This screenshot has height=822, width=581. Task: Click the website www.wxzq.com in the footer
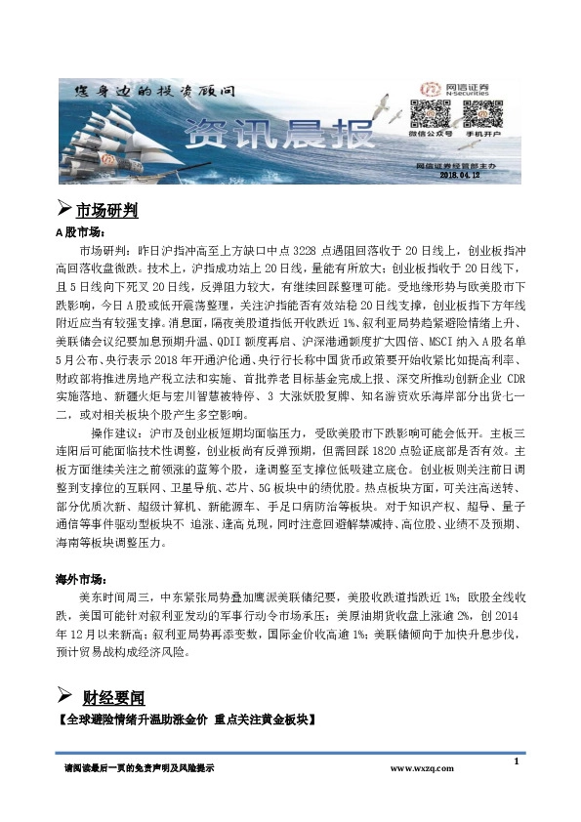point(422,769)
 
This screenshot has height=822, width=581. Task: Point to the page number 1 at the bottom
point(515,760)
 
